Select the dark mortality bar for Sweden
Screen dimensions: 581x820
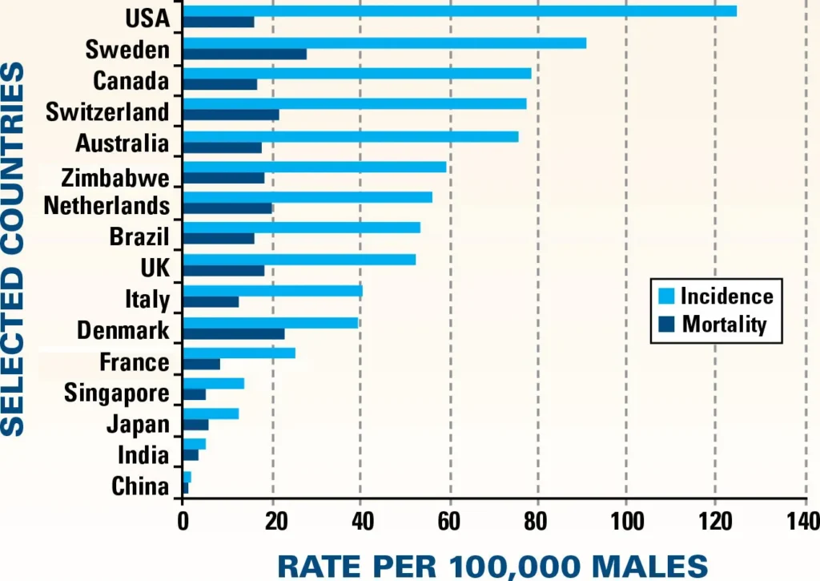[x=244, y=54]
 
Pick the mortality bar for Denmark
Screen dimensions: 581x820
[x=233, y=333]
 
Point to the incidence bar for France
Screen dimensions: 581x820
[x=239, y=353]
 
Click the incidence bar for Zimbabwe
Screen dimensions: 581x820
[x=314, y=167]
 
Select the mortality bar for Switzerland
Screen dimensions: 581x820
[x=231, y=115]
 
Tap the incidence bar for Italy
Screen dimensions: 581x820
[x=272, y=291]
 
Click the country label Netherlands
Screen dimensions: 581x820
[x=107, y=205]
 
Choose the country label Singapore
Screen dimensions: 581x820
[x=117, y=393]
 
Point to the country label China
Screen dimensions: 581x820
[x=140, y=486]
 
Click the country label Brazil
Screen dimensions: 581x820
[x=139, y=236]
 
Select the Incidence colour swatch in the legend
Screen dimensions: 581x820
[x=665, y=295]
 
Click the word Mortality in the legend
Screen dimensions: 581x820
[x=725, y=324]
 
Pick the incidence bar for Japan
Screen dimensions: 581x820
[x=211, y=413]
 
